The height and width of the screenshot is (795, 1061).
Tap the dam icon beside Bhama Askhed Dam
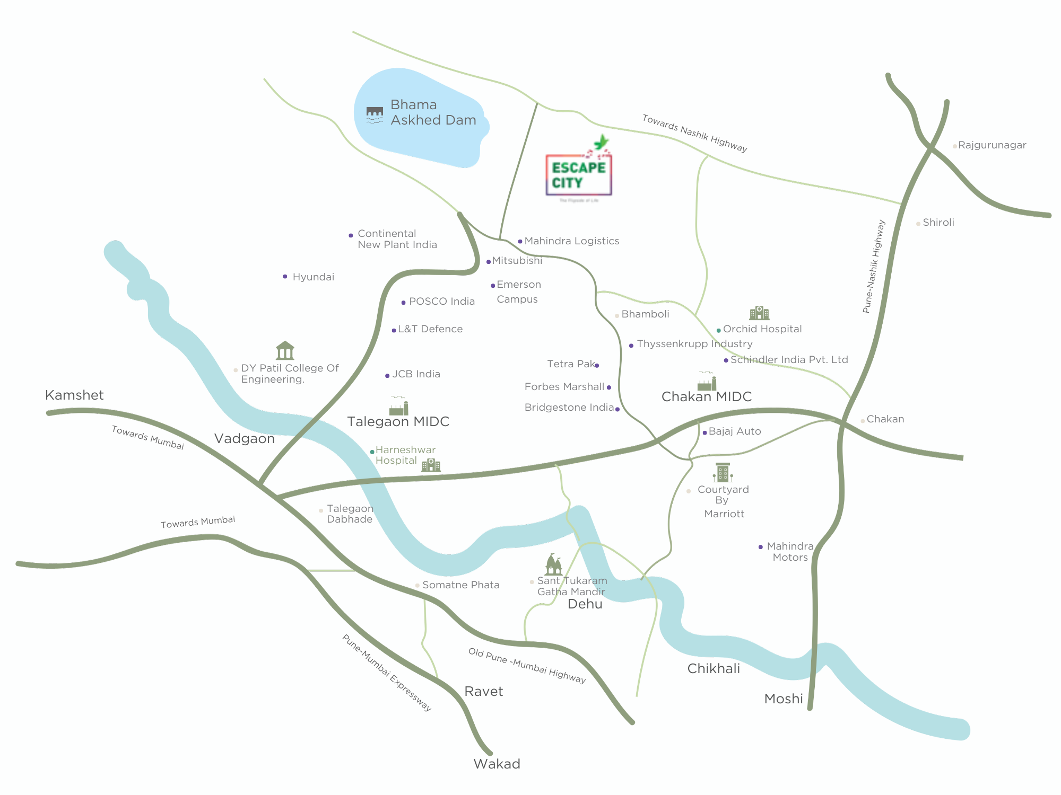click(x=375, y=114)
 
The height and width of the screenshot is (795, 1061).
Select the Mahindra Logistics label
click(x=571, y=241)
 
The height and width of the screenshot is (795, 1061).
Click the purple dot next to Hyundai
click(x=285, y=277)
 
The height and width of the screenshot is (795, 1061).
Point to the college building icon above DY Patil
click(x=285, y=350)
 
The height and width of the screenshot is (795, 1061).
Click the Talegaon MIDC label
click(x=398, y=422)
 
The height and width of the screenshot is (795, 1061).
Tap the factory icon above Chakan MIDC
click(x=707, y=382)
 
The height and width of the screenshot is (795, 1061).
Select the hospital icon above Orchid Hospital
click(x=759, y=313)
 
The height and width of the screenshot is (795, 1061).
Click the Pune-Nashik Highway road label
click(x=874, y=267)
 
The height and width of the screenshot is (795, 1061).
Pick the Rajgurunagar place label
click(x=992, y=145)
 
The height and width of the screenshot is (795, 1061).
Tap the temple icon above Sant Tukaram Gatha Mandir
click(x=553, y=564)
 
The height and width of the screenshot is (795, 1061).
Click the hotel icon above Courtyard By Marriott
click(x=723, y=472)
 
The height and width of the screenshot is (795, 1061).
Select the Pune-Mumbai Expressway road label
click(x=387, y=673)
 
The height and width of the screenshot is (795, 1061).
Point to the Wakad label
click(x=497, y=764)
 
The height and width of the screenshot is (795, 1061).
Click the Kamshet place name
click(x=74, y=395)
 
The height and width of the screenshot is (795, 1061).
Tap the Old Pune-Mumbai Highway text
click(x=527, y=666)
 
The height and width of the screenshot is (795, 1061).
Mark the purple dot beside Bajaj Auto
click(x=705, y=433)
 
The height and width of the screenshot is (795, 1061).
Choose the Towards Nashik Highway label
click(x=694, y=134)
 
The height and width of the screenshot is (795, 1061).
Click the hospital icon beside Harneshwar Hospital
click(x=431, y=465)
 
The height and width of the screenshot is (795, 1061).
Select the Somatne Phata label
click(x=460, y=585)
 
